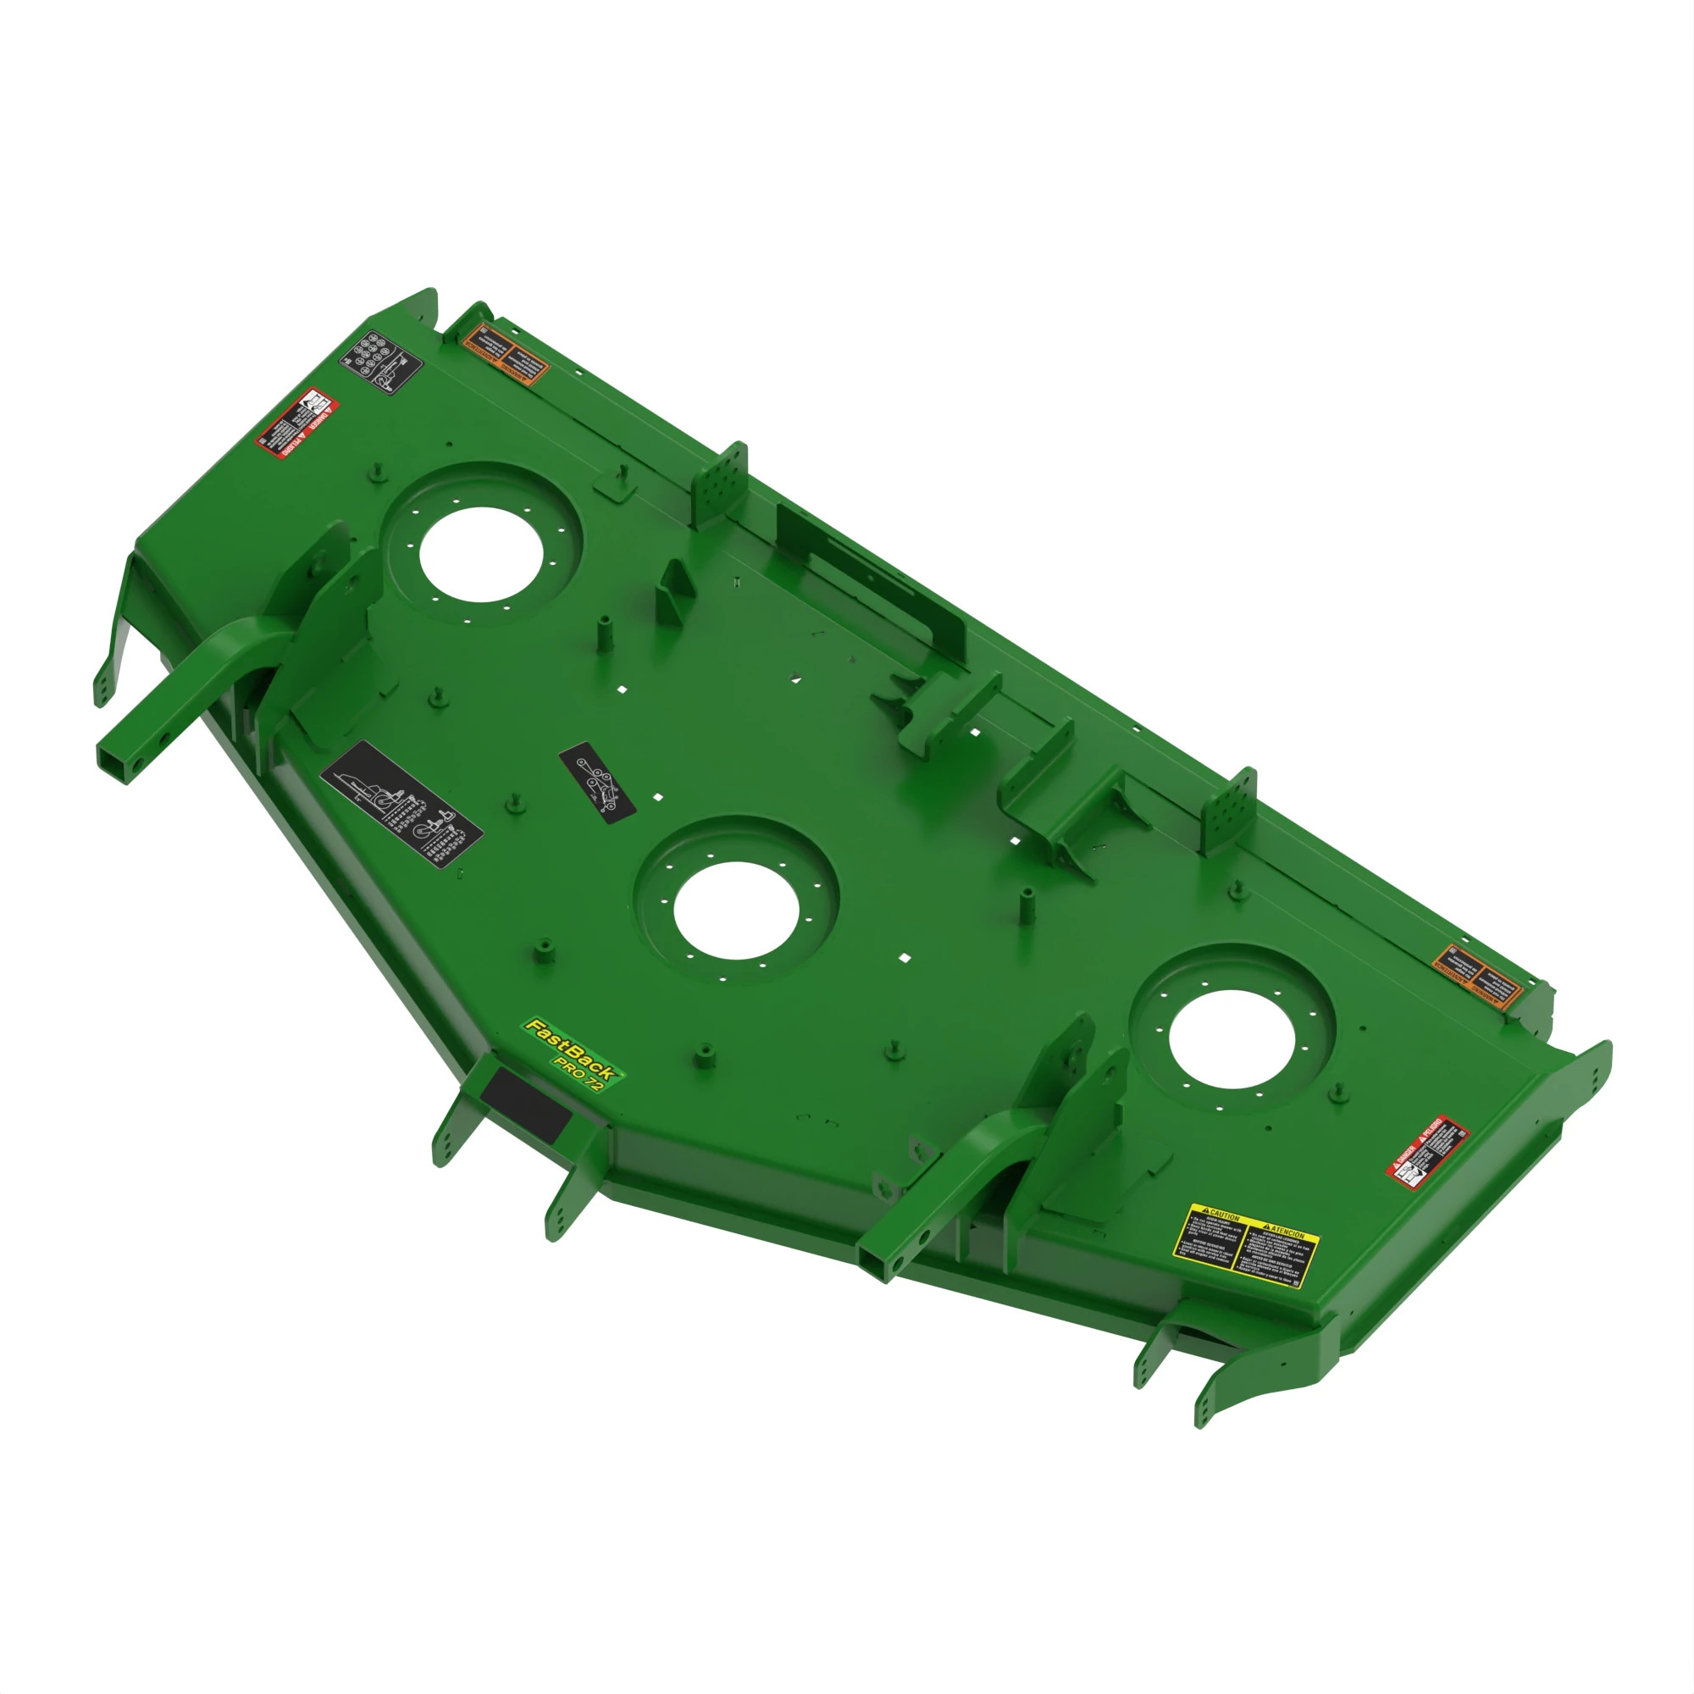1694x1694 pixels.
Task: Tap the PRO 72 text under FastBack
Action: point(579,1073)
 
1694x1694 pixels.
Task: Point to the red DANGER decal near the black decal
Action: point(297,423)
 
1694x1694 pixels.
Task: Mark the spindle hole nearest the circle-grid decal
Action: point(481,554)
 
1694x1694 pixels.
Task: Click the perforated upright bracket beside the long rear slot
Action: point(722,483)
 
